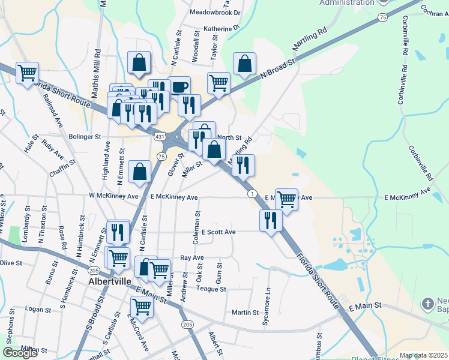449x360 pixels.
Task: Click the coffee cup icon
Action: point(179,86)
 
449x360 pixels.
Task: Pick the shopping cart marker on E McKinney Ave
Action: point(287,199)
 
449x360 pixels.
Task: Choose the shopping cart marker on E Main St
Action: point(142,307)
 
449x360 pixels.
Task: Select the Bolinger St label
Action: point(85,137)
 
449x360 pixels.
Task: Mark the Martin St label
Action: point(245,313)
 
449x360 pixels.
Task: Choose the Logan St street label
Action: point(38,310)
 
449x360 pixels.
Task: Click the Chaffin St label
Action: point(62,167)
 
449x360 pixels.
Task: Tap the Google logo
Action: point(20,353)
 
